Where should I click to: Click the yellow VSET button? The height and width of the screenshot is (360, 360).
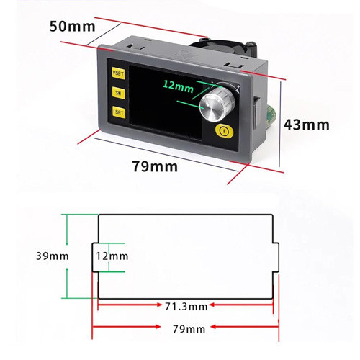[x=118, y=73]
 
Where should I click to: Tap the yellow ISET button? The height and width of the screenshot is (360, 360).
[x=119, y=112]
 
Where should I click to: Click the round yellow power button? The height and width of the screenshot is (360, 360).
[x=224, y=131]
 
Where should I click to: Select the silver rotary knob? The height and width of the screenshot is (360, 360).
[x=217, y=104]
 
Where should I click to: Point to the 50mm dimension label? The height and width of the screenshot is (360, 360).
[x=72, y=27]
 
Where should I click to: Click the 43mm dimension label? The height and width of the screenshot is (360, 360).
[x=307, y=125]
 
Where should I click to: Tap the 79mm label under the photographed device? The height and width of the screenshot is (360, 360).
[x=155, y=166]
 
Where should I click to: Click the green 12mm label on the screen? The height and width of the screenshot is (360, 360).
[x=178, y=86]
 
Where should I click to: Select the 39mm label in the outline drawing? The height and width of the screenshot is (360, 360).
[x=53, y=256]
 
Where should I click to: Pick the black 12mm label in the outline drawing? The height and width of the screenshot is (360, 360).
[x=112, y=256]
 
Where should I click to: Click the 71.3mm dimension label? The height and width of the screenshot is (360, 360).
[x=186, y=307]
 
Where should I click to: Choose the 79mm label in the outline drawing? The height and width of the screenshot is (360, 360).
[x=189, y=329]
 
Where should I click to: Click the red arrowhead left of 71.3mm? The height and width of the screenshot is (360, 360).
[x=158, y=305]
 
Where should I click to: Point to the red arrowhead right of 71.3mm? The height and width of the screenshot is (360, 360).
[x=212, y=305]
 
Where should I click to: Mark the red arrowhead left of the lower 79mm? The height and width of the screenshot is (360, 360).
[x=158, y=327]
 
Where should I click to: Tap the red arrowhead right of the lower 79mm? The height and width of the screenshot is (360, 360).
[x=213, y=327]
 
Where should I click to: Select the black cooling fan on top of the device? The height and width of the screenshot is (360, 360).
[x=222, y=47]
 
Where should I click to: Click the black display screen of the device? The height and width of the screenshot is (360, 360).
[x=166, y=103]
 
